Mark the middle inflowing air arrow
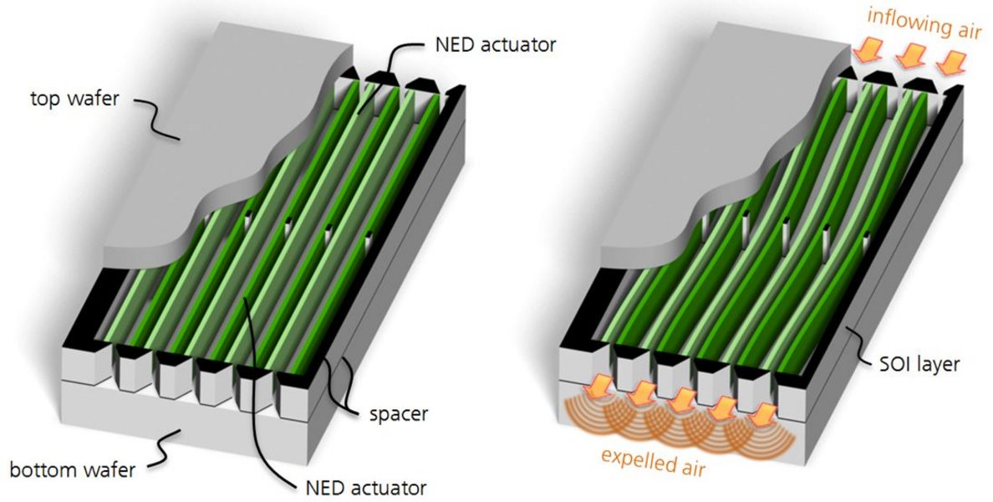pos(909,56)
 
